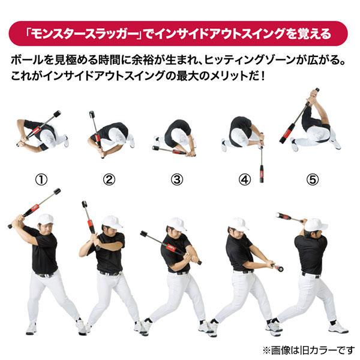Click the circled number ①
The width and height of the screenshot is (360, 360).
[40, 179]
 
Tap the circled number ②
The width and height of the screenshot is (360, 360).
[108, 179]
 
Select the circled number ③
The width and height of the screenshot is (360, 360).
[176, 179]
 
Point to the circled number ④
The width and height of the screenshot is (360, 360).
[244, 179]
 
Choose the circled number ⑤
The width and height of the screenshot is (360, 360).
[312, 179]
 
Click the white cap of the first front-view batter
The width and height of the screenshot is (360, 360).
[45, 219]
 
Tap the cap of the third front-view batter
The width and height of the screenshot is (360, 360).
[176, 224]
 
